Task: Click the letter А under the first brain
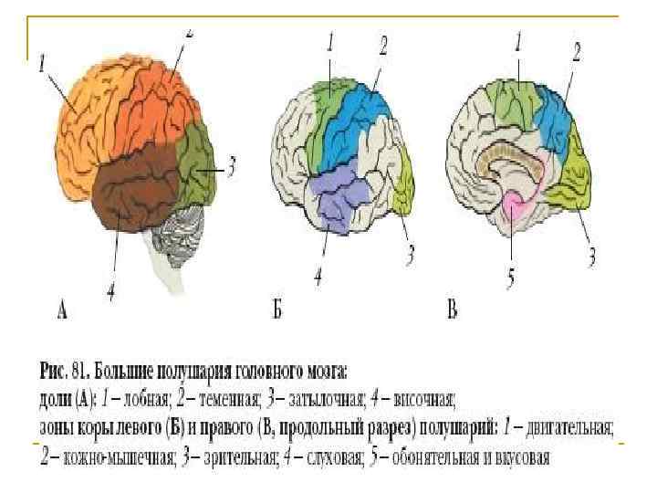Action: click(x=62, y=311)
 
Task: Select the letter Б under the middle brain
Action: click(x=277, y=311)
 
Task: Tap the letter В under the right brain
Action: click(x=452, y=311)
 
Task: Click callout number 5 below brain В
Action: click(x=511, y=274)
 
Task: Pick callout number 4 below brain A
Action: click(x=109, y=293)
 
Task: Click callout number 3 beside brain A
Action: click(x=232, y=168)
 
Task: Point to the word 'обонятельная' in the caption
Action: click(x=434, y=455)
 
